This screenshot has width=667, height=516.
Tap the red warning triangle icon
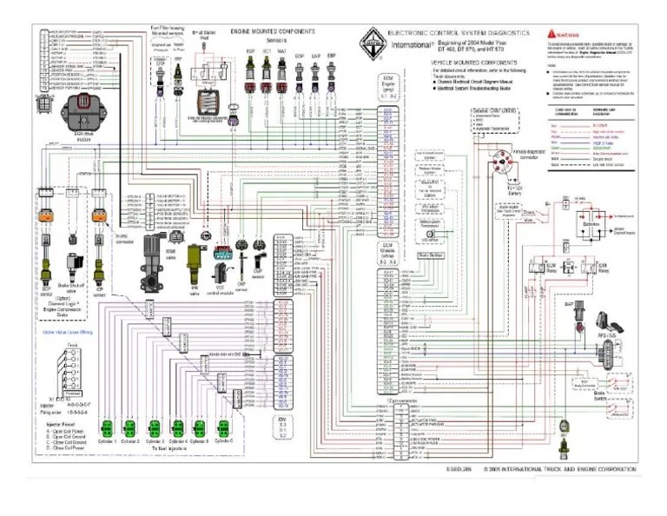(543, 32)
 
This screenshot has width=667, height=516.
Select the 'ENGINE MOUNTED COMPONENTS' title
(272, 31)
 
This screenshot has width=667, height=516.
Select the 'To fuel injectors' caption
(164, 451)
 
